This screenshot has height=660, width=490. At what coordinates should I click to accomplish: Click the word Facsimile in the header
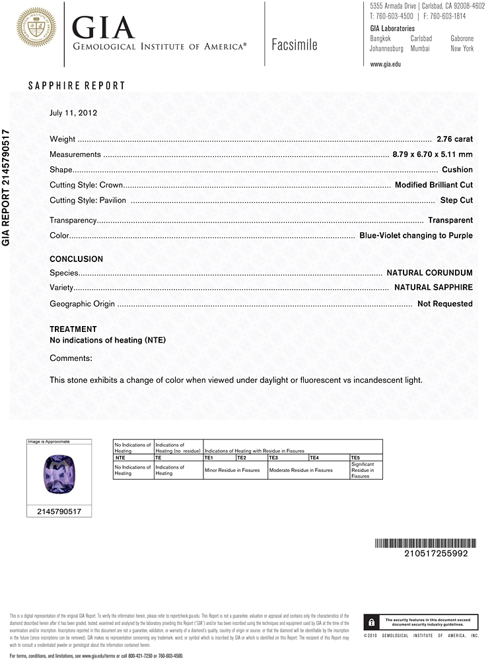[295, 45]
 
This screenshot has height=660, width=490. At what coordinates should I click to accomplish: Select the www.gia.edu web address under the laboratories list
[386, 64]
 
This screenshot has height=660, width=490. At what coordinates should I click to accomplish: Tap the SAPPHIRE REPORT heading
[77, 86]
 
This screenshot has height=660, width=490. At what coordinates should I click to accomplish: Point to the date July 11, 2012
[73, 113]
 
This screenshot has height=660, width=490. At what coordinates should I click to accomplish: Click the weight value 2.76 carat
[454, 139]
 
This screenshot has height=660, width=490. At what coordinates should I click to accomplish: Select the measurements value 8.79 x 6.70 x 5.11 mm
[433, 154]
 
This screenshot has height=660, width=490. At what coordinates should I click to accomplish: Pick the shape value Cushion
[457, 170]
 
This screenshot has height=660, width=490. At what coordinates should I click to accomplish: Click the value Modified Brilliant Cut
[433, 185]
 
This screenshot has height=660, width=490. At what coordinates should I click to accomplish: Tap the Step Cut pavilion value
[456, 200]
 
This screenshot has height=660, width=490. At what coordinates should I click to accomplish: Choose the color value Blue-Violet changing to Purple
[416, 236]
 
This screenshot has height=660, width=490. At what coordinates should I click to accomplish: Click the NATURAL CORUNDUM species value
[429, 273]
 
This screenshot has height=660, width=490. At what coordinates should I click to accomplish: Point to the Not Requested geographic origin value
[445, 304]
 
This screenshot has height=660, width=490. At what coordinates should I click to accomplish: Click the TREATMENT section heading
[73, 329]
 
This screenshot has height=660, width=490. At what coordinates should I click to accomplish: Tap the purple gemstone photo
[59, 473]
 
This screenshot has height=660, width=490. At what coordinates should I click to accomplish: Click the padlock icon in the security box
[372, 622]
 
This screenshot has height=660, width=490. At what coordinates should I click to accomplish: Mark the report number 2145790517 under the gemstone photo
[59, 511]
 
